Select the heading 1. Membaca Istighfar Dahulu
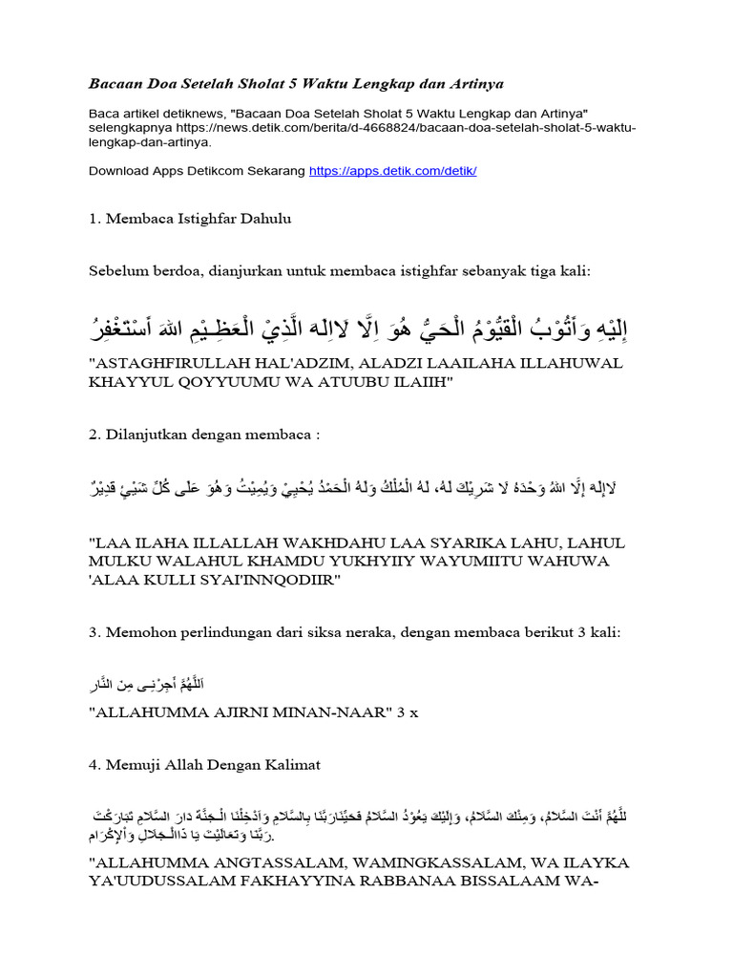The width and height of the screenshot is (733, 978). [x=190, y=219]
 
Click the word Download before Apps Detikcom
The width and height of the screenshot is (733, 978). [x=117, y=171]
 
